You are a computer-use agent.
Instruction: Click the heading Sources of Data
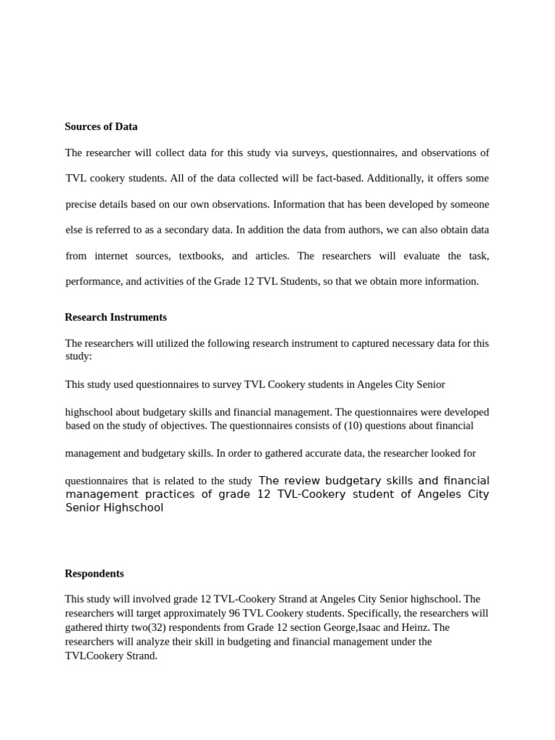[x=101, y=126]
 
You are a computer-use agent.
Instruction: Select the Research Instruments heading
[x=116, y=317]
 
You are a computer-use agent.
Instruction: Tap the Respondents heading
[x=94, y=574]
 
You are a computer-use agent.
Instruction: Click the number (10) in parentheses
[x=351, y=426]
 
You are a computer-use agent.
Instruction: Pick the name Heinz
[x=414, y=627]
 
